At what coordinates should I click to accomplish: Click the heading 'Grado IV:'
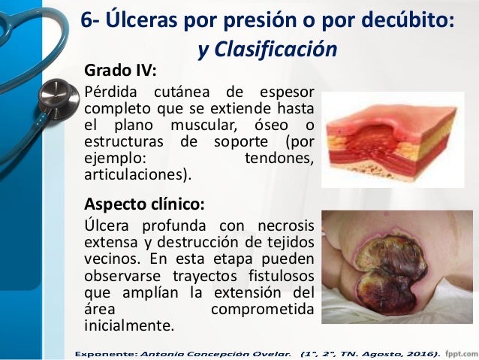(x=121, y=71)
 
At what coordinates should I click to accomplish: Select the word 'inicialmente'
(x=128, y=326)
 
